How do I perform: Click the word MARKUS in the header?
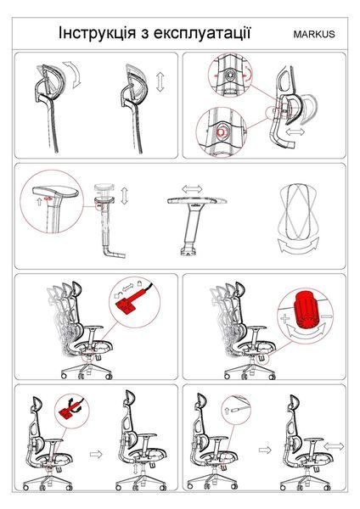click(314, 34)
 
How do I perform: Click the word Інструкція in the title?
click(97, 33)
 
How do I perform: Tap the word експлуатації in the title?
click(202, 33)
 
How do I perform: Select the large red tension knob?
click(306, 310)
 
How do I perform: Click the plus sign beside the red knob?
click(285, 318)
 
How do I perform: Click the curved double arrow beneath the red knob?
click(306, 332)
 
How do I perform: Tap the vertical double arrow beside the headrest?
click(160, 82)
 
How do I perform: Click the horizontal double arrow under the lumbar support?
click(295, 131)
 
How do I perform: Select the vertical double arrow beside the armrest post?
click(125, 196)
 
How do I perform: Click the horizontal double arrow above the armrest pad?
click(192, 189)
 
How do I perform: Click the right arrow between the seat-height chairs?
click(96, 454)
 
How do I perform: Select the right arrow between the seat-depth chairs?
click(265, 450)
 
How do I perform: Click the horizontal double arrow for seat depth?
click(334, 446)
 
